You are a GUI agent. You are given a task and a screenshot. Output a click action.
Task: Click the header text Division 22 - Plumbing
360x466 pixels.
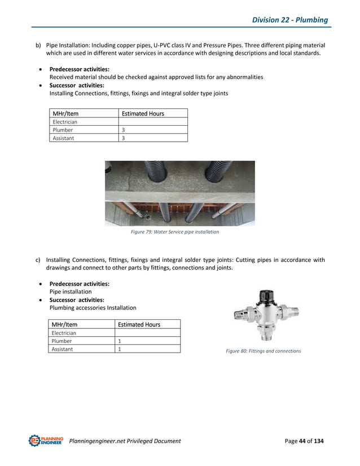coord(289,20)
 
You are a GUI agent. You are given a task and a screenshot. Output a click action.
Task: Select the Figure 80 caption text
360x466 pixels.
coord(264,351)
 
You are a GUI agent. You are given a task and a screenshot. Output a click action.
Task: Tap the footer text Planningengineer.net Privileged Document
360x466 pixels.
coord(125,441)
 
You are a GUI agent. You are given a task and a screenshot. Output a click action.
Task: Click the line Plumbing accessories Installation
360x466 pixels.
coord(93,307)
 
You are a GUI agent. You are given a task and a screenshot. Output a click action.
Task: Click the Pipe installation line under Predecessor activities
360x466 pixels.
coord(71,292)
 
